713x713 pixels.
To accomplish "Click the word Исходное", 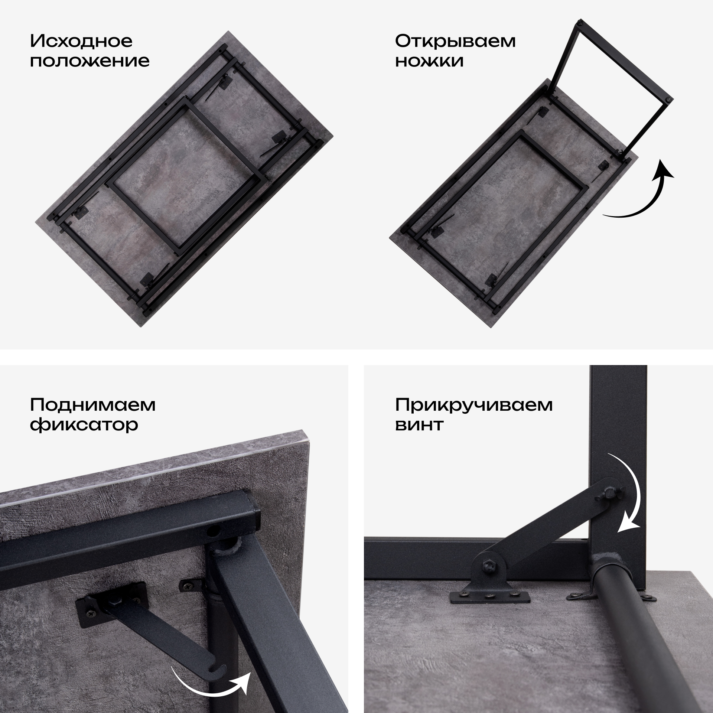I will (81, 42).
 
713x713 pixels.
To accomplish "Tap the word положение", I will (89, 61).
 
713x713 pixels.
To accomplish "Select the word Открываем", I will (455, 42).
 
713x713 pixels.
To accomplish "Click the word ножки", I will (429, 61).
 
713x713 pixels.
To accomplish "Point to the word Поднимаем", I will (92, 405).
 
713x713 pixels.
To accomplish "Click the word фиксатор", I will (84, 424).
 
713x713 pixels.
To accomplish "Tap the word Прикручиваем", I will (474, 405).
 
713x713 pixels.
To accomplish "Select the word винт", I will (419, 424).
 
